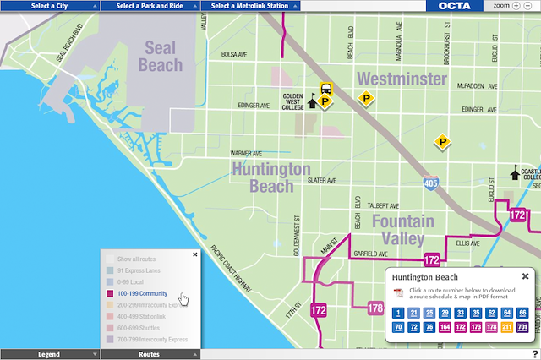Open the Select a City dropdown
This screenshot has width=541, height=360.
pos(50,5)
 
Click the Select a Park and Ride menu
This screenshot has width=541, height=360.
pos(150,5)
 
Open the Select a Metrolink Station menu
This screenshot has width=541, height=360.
pos(250,5)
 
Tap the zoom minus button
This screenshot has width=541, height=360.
pos(527,5)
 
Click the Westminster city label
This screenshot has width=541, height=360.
pos(402,79)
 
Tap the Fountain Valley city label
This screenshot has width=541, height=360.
pos(402,230)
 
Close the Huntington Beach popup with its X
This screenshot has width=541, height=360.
pos(524,276)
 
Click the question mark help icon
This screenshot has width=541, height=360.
pos(535,353)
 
